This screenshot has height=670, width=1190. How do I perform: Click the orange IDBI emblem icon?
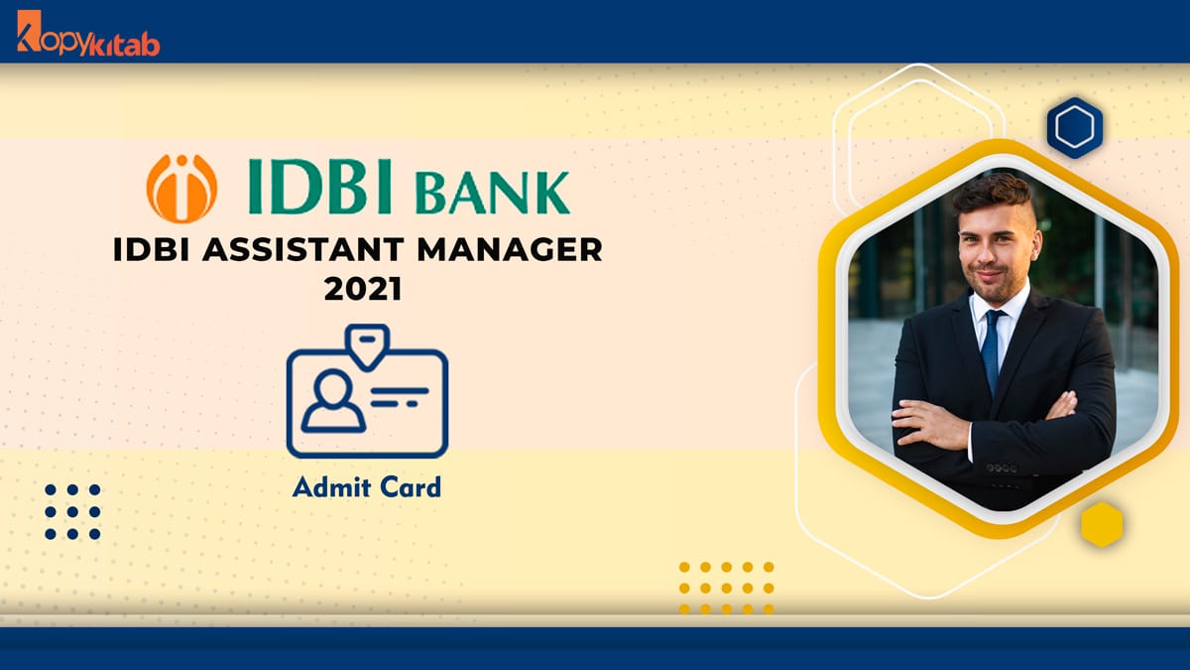pyautogui.click(x=181, y=189)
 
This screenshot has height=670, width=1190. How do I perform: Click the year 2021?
pyautogui.click(x=363, y=291)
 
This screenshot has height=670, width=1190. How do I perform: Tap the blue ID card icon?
pyautogui.click(x=367, y=397)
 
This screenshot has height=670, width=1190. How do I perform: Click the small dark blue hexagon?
pyautogui.click(x=1075, y=128)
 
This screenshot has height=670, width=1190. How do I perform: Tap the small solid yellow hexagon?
pyautogui.click(x=1101, y=523)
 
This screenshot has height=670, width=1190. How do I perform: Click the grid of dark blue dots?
pyautogui.click(x=72, y=512)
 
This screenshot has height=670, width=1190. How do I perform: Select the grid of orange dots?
pyautogui.click(x=726, y=588)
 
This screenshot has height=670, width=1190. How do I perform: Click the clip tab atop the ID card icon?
pyautogui.click(x=367, y=339)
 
